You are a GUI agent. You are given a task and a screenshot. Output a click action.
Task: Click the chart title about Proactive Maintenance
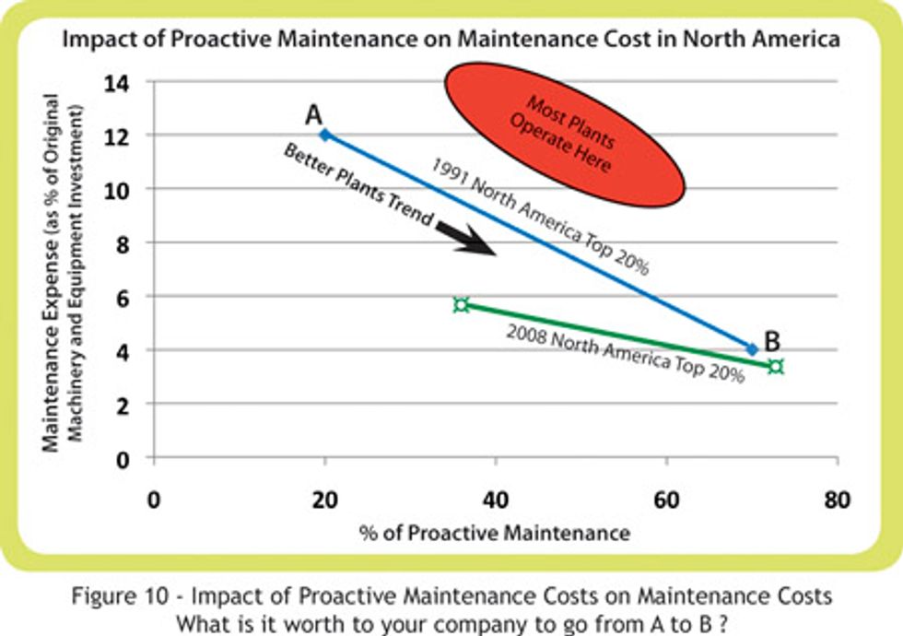451,41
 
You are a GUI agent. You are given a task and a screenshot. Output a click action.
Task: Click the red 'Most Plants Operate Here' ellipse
565,133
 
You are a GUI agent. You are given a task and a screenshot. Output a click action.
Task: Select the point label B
772,342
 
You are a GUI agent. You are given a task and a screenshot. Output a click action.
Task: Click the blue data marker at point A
324,135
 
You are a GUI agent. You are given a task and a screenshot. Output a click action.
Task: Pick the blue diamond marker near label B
752,349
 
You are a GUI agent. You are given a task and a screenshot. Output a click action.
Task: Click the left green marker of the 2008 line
462,304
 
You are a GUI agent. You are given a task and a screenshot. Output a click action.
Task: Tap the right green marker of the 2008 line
776,367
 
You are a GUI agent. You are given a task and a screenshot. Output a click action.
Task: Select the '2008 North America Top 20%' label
625,354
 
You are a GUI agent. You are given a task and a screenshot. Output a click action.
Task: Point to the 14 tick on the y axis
122,83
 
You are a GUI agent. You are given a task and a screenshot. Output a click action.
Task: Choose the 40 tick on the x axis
496,501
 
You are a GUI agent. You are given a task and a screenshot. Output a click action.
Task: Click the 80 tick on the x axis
837,501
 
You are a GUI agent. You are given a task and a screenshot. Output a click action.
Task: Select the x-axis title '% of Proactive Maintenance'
496,533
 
